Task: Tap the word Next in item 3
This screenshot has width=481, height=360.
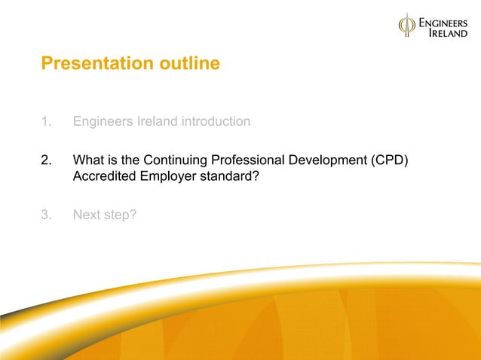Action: (x=86, y=215)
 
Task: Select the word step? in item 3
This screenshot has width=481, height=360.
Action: (x=120, y=215)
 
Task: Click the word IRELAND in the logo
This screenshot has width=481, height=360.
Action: (x=448, y=35)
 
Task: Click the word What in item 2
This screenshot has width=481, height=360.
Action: (x=87, y=160)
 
